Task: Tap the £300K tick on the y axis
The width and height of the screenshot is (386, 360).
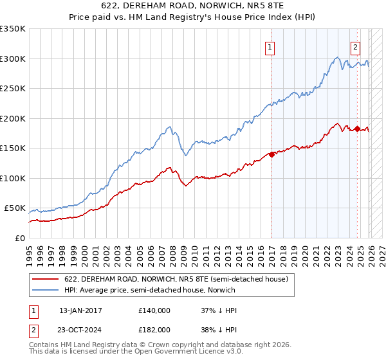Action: coord(13,59)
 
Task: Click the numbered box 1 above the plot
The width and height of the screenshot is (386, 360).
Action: coord(270,46)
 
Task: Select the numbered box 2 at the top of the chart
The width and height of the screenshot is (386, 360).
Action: coord(355,46)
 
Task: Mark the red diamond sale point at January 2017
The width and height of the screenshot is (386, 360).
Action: coord(271,154)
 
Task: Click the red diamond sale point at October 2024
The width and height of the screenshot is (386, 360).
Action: coord(357,129)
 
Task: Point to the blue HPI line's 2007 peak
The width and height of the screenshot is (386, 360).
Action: coord(169,127)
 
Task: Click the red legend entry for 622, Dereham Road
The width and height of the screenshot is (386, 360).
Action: coord(179,279)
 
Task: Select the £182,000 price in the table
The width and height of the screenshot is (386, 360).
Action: coord(154,329)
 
